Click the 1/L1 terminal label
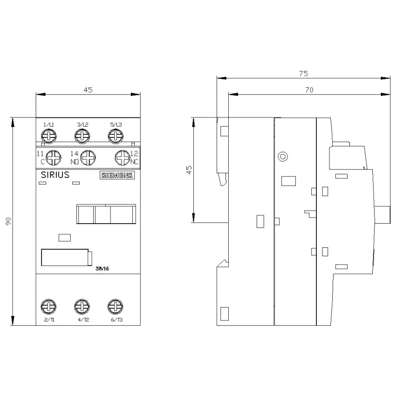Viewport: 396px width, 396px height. point(49,124)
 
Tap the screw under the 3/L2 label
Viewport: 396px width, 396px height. point(82,137)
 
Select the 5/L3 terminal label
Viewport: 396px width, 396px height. point(116,124)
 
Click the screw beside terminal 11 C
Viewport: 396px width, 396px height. point(53,158)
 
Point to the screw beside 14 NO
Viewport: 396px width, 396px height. point(88,158)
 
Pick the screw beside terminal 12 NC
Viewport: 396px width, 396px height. point(123,158)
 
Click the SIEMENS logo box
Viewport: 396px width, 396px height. point(117,175)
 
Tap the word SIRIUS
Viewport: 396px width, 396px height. point(55,175)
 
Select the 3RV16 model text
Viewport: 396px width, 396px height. point(102,269)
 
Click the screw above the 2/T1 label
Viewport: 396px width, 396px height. point(48,307)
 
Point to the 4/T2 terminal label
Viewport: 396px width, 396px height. point(83,320)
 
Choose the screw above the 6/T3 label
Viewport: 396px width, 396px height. point(116,307)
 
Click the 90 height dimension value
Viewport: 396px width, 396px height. point(8,221)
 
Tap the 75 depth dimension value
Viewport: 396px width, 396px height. point(303,74)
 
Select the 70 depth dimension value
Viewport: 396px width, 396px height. point(309,90)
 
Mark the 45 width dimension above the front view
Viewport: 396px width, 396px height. point(88,90)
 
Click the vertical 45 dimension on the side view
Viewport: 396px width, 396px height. point(189,170)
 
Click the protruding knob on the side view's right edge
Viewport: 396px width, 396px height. point(382,215)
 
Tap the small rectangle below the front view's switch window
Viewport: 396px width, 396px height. point(65,238)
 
